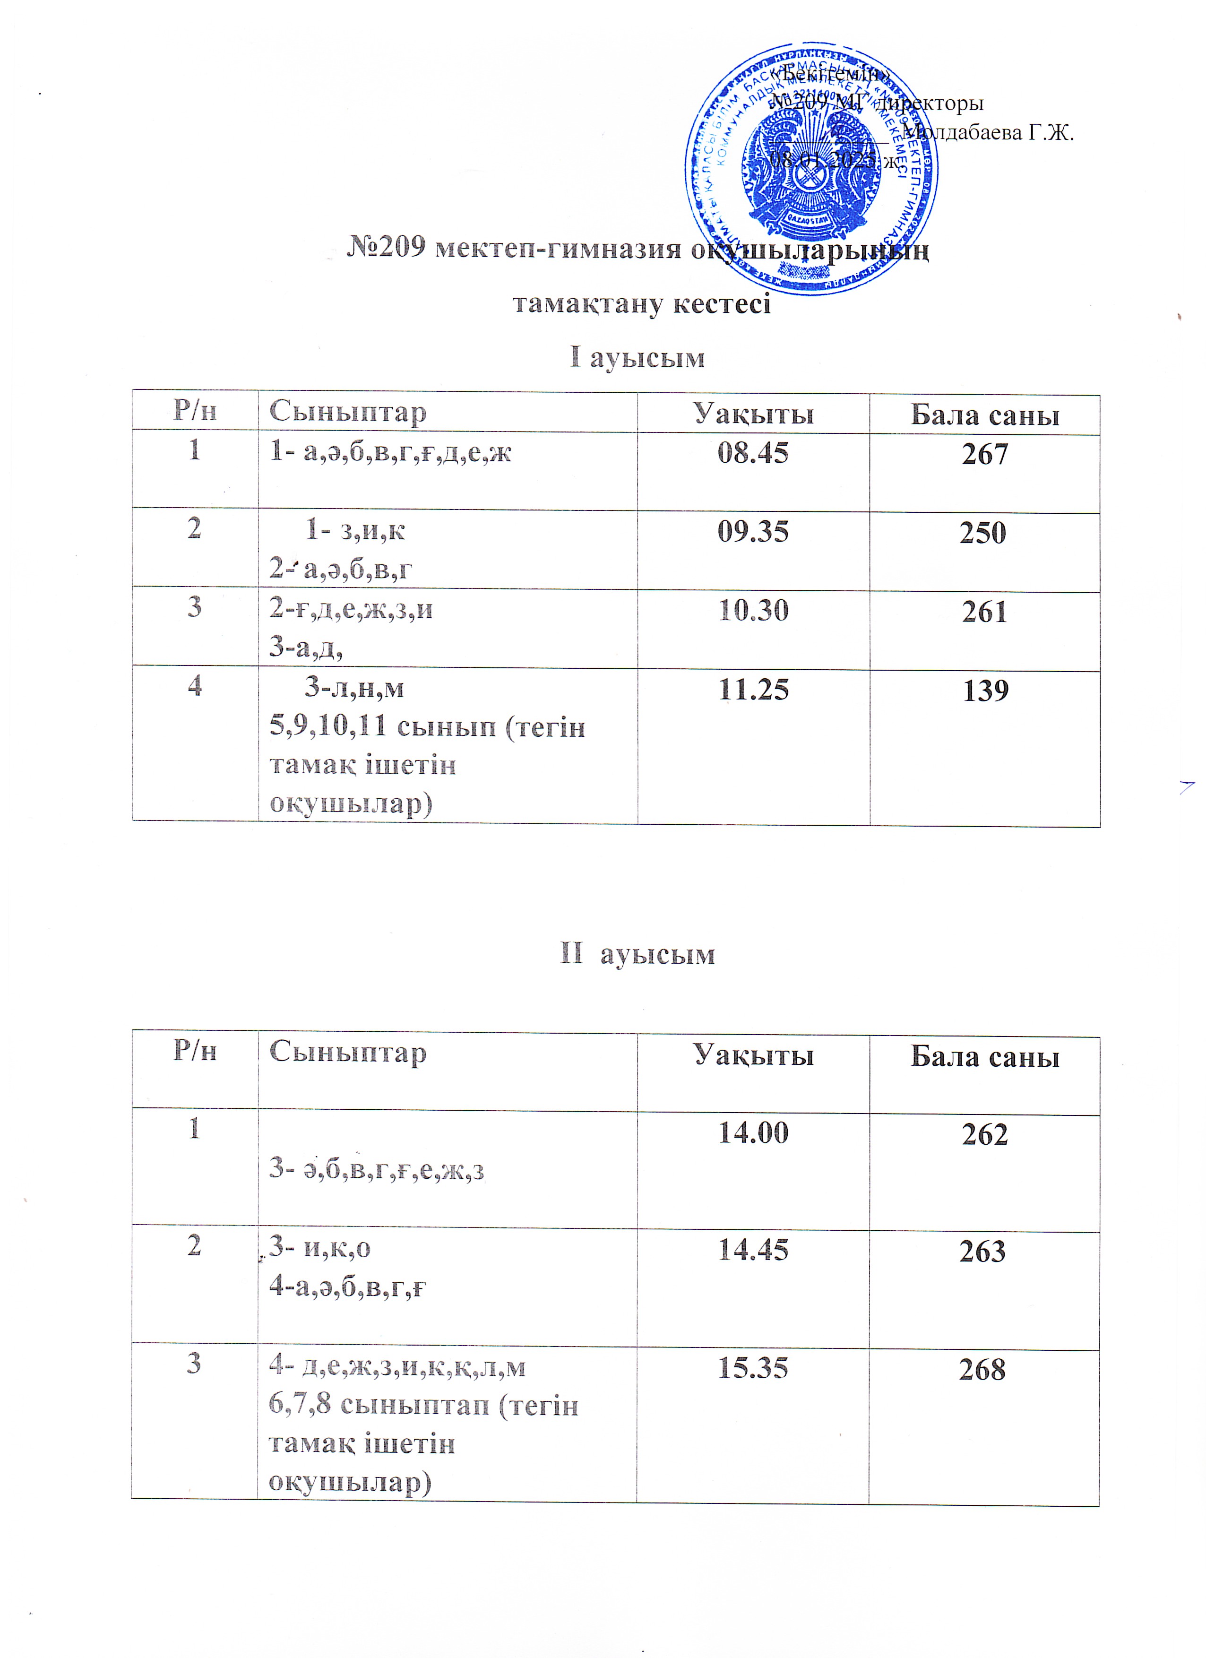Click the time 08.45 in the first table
[x=753, y=453]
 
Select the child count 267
[x=984, y=455]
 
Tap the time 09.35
[x=753, y=532]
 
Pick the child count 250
[x=983, y=533]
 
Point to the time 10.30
[x=753, y=611]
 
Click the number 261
[x=984, y=613]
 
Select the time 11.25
[x=753, y=690]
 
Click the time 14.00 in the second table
[x=753, y=1133]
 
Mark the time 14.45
[x=753, y=1250]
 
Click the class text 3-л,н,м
[x=354, y=688]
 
